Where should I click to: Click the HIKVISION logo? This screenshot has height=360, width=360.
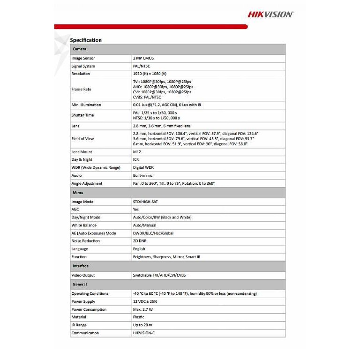[270, 15]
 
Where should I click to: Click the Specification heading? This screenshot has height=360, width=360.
[86, 40]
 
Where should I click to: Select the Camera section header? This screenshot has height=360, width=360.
[79, 49]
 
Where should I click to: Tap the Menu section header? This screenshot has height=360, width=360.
[78, 193]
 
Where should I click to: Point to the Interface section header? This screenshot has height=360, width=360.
[81, 266]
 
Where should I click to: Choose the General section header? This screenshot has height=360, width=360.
[80, 285]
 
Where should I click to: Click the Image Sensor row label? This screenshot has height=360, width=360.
[83, 58]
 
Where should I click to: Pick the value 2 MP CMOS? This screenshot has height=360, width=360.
[143, 58]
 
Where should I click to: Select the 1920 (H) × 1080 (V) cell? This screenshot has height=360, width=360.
[150, 74]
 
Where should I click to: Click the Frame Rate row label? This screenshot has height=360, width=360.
[81, 89]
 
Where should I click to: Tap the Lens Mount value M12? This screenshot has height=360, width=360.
[137, 152]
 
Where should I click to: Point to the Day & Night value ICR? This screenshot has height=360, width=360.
[136, 159]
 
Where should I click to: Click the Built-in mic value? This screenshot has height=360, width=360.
[142, 175]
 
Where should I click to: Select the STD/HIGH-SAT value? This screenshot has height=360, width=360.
[148, 202]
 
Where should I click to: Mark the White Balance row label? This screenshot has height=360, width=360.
[84, 225]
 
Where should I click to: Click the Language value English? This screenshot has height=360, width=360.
[139, 249]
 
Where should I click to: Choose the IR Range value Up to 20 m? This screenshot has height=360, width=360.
[142, 325]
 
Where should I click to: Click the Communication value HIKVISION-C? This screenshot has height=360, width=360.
[146, 333]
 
